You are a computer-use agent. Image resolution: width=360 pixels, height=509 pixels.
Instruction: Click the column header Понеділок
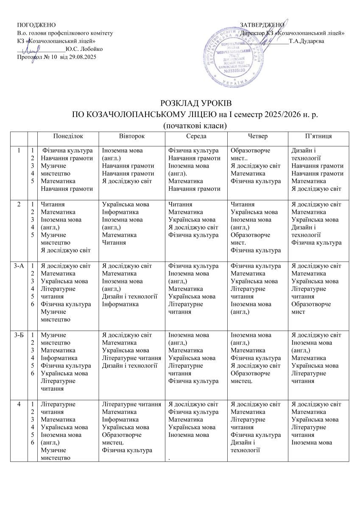click(x=68, y=136)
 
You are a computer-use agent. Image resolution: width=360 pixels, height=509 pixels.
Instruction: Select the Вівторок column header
click(x=131, y=136)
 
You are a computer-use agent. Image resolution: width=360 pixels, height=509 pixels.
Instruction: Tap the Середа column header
click(x=196, y=136)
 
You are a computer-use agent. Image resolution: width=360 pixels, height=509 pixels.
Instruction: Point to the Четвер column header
click(x=257, y=136)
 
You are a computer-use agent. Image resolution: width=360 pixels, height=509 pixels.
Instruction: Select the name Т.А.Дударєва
click(x=306, y=41)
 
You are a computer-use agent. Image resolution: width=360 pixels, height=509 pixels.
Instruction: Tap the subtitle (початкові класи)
click(x=195, y=125)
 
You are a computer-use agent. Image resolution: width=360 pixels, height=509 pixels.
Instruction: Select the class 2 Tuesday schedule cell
click(x=131, y=224)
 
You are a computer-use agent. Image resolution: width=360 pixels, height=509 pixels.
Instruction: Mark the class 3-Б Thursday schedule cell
click(x=257, y=358)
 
